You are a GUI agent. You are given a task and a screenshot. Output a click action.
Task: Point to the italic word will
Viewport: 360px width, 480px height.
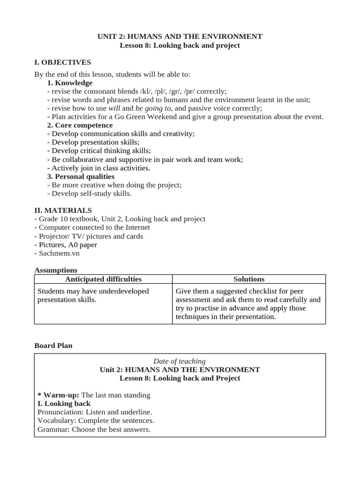[x=114, y=108]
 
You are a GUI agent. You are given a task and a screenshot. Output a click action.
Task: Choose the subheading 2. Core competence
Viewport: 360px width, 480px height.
[x=80, y=125]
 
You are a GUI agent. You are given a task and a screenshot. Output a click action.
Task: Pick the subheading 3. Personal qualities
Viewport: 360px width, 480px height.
[x=81, y=176]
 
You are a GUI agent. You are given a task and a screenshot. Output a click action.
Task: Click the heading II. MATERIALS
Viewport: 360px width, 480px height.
[x=63, y=210]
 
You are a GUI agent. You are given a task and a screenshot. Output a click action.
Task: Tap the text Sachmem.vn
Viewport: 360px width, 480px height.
[x=59, y=253]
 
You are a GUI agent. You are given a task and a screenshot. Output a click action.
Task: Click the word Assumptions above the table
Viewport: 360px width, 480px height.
[x=56, y=270]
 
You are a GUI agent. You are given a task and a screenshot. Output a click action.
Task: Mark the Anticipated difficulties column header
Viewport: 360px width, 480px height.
[x=103, y=279]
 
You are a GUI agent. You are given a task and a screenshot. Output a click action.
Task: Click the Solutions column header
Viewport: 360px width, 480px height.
[x=249, y=279]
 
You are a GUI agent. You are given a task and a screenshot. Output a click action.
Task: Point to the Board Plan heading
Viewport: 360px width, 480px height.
[x=53, y=345]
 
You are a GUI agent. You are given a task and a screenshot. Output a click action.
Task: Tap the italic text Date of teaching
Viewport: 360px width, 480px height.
[x=180, y=361]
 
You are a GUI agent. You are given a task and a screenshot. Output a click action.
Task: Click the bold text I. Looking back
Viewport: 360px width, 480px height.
[x=64, y=404]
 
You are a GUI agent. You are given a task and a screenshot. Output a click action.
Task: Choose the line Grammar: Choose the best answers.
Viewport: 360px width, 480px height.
[x=94, y=429]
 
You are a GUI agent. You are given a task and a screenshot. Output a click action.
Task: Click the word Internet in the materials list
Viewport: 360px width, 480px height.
[x=135, y=227]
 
